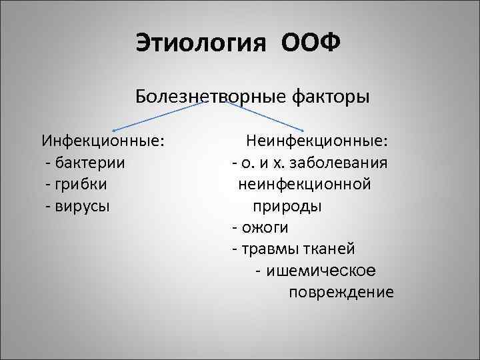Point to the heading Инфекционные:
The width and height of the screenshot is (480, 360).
(104, 141)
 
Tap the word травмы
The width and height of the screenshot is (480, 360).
(266, 249)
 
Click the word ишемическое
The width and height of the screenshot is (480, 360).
(320, 271)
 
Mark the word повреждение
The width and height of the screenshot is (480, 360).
(341, 293)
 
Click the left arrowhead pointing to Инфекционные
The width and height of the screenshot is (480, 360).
(114, 129)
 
